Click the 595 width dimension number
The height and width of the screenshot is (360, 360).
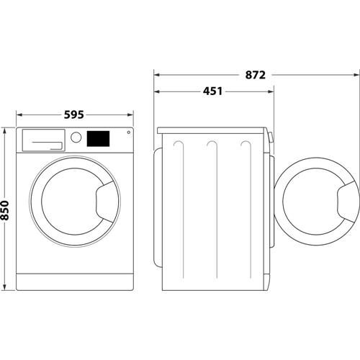pos(74,114)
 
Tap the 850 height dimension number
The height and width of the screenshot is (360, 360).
pos(6,209)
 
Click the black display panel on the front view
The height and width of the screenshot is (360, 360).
pos(98,138)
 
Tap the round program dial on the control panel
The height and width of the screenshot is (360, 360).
pos(76,137)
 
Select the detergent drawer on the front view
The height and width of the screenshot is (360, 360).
pos(42,139)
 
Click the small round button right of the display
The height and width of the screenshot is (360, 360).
pos(128,132)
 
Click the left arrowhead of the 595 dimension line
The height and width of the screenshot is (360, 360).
pos(19,114)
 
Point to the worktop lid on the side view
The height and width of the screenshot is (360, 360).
pos(212,130)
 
